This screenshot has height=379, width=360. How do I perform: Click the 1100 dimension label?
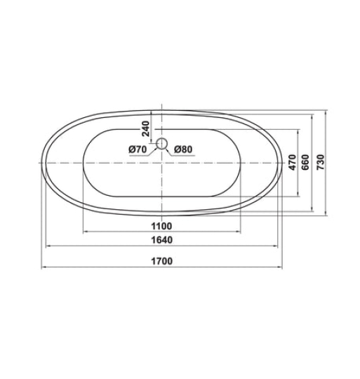click(161, 226)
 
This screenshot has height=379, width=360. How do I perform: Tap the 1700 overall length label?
click(161, 262)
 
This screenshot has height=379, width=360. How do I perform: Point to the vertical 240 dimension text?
click(146, 128)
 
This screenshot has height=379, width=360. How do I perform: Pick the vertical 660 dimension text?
click(306, 162)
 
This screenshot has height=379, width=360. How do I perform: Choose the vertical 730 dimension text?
click(321, 162)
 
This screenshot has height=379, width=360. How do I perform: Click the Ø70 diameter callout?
click(137, 149)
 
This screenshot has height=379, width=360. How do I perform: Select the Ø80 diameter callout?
click(182, 149)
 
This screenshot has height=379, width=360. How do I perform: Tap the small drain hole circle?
click(161, 144)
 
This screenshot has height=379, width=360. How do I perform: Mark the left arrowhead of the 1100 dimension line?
click(85, 232)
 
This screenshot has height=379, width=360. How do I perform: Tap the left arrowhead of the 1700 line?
click(42, 267)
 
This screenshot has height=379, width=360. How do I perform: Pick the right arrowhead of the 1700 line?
click(282, 267)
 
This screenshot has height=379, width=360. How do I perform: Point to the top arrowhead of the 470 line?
click(300, 130)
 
